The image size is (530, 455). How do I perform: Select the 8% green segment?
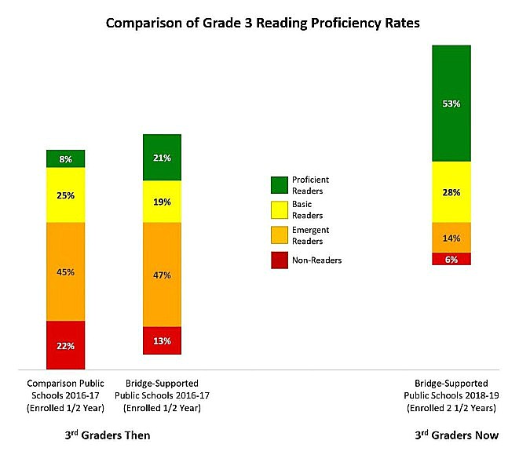[x=66, y=159]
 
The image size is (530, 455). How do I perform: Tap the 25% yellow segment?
[x=66, y=195]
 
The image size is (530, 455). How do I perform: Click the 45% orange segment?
[x=66, y=271]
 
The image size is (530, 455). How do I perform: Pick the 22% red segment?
[x=66, y=345]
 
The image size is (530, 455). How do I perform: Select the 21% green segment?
[x=162, y=158]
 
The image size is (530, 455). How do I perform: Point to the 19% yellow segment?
[x=162, y=202]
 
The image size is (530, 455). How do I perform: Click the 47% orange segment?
[x=162, y=275]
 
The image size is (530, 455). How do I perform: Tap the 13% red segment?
[x=162, y=340]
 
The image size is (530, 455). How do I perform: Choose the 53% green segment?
[x=451, y=104]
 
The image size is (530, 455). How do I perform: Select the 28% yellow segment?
[x=451, y=192]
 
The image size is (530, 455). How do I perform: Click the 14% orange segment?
[x=451, y=238]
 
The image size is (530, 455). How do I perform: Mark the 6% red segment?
[x=451, y=259]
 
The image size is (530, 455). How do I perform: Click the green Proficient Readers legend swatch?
[x=280, y=184]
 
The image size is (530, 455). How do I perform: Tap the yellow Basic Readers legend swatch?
[x=280, y=209]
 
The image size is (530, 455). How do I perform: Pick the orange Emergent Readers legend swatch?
[x=280, y=235]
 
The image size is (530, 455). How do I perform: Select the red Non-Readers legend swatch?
[x=280, y=260]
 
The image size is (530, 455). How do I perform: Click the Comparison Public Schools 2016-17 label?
[x=66, y=396]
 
